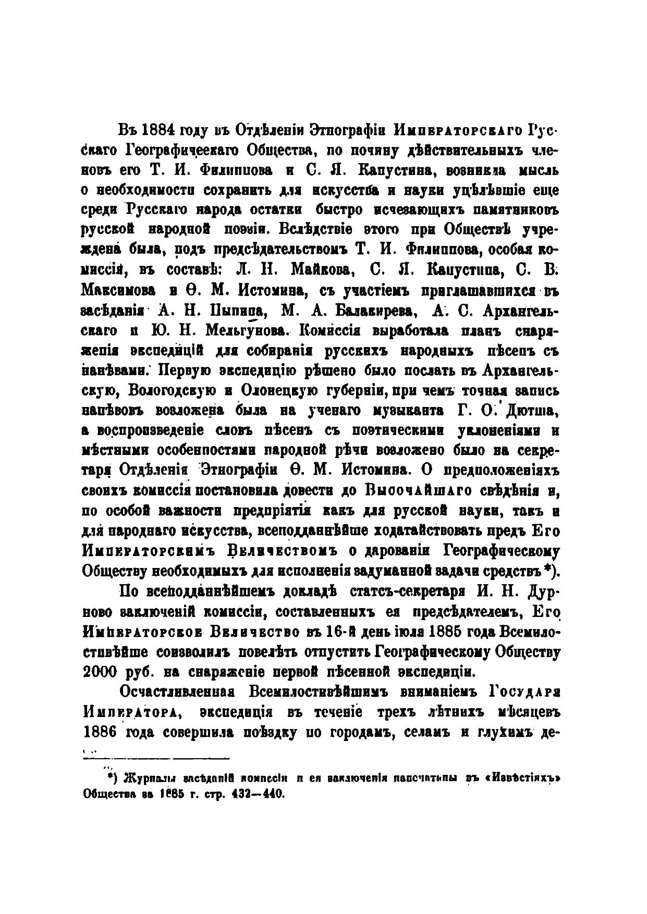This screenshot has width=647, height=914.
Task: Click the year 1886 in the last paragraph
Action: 100,732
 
